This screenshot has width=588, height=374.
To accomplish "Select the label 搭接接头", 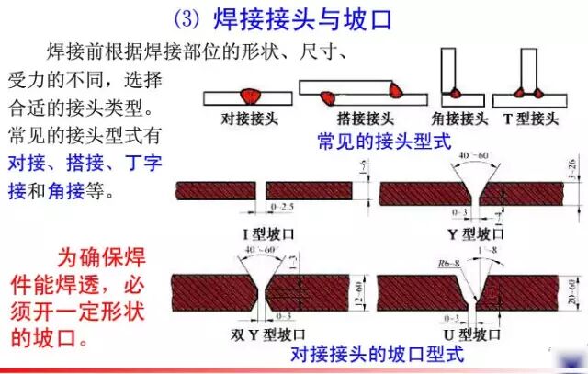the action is (x=353, y=119).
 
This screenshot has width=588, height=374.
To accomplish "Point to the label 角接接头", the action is (x=458, y=119).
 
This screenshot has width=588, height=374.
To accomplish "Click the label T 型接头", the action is (x=530, y=119).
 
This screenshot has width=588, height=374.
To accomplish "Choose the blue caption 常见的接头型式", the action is (x=384, y=141).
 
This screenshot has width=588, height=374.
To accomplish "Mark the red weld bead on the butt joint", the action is (x=249, y=95).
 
